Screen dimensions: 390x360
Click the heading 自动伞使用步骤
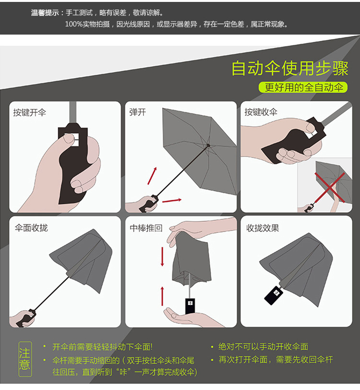click(x=289, y=69)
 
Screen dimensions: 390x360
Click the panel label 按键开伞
click(x=30, y=113)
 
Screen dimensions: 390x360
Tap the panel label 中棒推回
click(x=146, y=228)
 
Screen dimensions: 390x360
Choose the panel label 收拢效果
click(x=263, y=228)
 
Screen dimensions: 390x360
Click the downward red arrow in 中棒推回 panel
click(x=162, y=256)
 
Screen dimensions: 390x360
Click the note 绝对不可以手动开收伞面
click(x=263, y=347)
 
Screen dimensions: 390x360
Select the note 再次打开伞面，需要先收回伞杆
click(x=276, y=359)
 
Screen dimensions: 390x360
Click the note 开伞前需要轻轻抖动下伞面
click(x=102, y=347)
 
